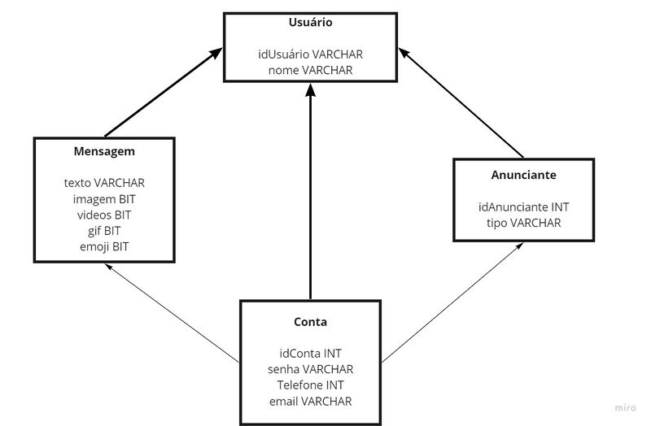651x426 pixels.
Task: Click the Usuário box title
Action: click(x=310, y=23)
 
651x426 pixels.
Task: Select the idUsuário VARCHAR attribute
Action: click(x=310, y=54)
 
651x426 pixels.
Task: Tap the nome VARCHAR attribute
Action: click(x=310, y=71)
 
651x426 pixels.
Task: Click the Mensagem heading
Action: click(x=104, y=152)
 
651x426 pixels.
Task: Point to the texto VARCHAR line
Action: click(x=104, y=183)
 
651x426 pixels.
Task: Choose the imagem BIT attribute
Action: click(x=104, y=199)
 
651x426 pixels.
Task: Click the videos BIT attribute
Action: click(x=104, y=215)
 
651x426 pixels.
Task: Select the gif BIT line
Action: click(x=104, y=231)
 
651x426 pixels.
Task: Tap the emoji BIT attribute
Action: click(x=104, y=246)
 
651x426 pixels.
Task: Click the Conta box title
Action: click(x=310, y=322)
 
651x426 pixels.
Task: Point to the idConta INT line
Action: click(x=310, y=354)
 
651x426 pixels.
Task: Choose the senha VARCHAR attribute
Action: click(x=310, y=370)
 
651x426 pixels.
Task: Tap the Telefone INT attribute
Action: click(x=310, y=385)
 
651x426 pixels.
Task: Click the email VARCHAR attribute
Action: click(x=310, y=402)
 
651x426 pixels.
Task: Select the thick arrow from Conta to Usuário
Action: click(x=310, y=195)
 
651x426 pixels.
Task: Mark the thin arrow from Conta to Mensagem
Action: click(x=175, y=314)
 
